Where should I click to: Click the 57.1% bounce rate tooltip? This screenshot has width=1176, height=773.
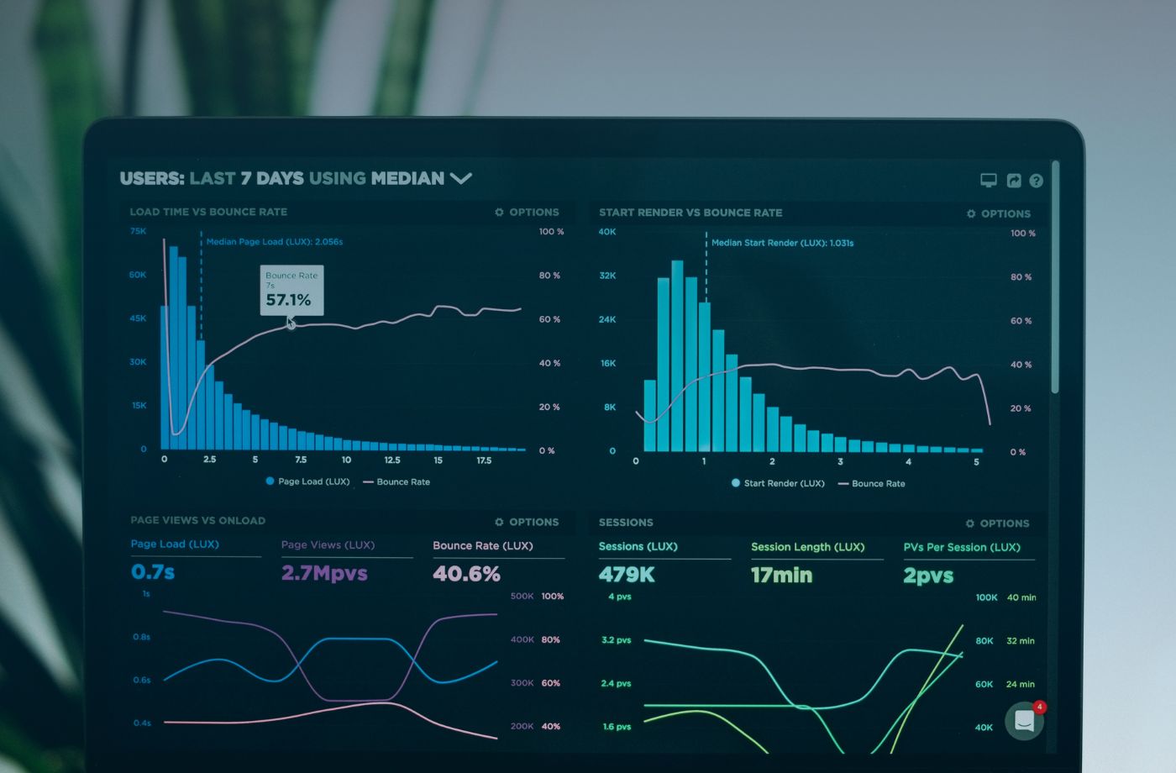[291, 291]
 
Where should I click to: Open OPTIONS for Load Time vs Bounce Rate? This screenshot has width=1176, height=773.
[527, 213]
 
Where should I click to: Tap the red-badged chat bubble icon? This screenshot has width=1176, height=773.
[1024, 721]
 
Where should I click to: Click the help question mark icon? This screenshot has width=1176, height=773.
[1036, 181]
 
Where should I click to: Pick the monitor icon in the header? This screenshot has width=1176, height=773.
[989, 181]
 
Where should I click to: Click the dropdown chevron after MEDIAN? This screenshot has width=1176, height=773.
[461, 178]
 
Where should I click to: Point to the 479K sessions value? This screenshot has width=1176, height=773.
[627, 575]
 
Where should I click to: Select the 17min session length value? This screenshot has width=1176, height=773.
[781, 576]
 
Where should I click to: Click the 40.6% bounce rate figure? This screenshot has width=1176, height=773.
[466, 574]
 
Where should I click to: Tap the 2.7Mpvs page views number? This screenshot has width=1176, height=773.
[324, 573]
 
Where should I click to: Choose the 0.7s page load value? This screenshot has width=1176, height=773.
[153, 572]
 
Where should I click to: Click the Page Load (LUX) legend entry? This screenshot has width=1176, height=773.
[307, 481]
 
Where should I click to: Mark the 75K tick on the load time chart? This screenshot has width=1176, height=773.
[138, 231]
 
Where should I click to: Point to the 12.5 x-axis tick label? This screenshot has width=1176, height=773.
[392, 460]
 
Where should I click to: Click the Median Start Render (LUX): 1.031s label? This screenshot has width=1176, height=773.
[782, 243]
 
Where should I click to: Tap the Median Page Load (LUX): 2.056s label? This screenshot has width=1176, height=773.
[275, 242]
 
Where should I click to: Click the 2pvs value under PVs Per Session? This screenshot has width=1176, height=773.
[928, 576]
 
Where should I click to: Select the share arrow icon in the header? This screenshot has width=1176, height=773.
[1014, 181]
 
